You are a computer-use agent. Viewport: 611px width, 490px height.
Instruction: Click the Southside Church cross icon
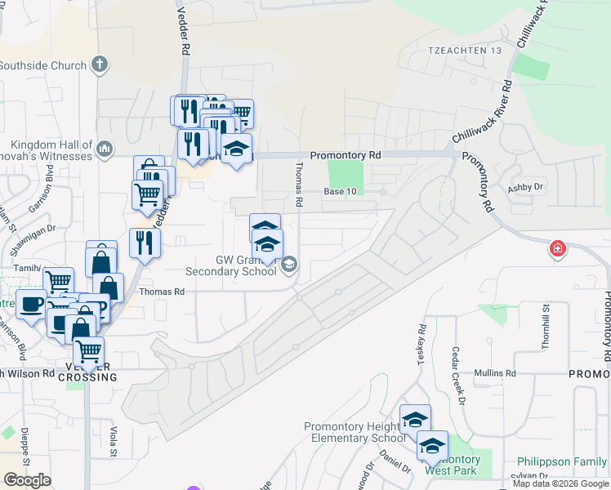point(100,65)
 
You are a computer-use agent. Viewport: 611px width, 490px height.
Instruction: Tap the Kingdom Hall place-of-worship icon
point(105,149)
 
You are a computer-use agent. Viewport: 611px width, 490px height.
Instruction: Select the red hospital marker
point(558,248)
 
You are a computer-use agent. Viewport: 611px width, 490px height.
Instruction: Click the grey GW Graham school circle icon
point(288,265)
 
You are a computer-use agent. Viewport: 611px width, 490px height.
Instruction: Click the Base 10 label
point(341,191)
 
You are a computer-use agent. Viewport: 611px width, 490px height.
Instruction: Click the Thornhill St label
point(545,327)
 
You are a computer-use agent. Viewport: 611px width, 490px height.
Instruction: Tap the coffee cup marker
point(31,305)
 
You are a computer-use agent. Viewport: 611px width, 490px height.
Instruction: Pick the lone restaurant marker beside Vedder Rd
point(145,243)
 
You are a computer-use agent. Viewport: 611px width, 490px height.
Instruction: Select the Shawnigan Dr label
point(33,229)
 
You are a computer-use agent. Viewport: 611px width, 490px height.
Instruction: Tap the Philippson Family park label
point(561,462)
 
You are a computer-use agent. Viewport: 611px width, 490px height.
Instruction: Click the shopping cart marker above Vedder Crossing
point(88,353)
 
